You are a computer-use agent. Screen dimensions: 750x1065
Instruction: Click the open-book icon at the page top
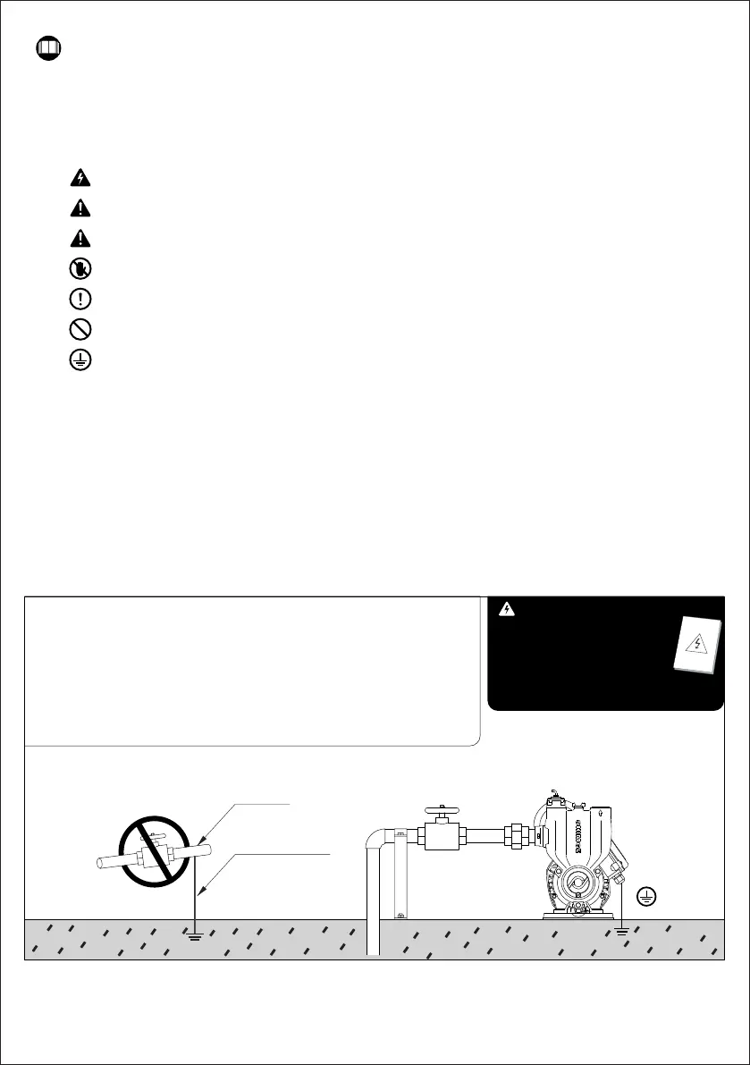48,47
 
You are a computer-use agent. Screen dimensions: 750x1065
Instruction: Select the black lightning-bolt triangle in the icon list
79,178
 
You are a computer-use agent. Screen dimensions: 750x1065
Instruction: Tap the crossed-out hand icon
79,268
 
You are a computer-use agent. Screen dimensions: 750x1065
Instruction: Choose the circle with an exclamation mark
79,299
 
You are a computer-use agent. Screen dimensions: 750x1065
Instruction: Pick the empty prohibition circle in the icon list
79,329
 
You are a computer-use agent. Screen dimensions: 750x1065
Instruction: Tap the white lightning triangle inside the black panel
508,610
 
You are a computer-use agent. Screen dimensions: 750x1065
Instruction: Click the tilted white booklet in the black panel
696,645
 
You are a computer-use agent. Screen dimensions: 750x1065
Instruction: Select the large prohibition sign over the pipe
155,850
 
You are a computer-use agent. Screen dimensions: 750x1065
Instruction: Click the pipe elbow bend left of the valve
378,840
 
